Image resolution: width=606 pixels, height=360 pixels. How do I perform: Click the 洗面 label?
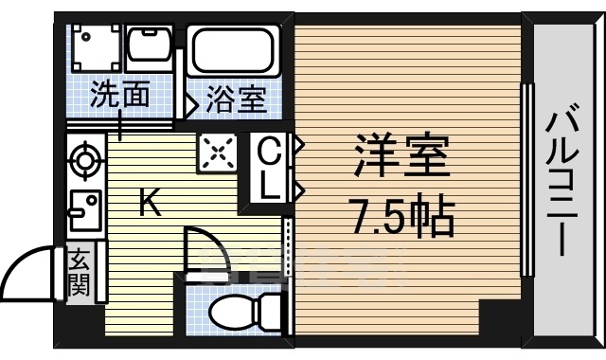121,96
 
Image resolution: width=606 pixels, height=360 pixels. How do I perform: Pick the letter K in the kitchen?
150,202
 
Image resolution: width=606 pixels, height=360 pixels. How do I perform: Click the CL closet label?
270,168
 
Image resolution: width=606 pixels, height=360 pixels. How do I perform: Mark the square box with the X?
216,153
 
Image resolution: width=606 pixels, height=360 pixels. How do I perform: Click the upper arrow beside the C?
296,146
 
